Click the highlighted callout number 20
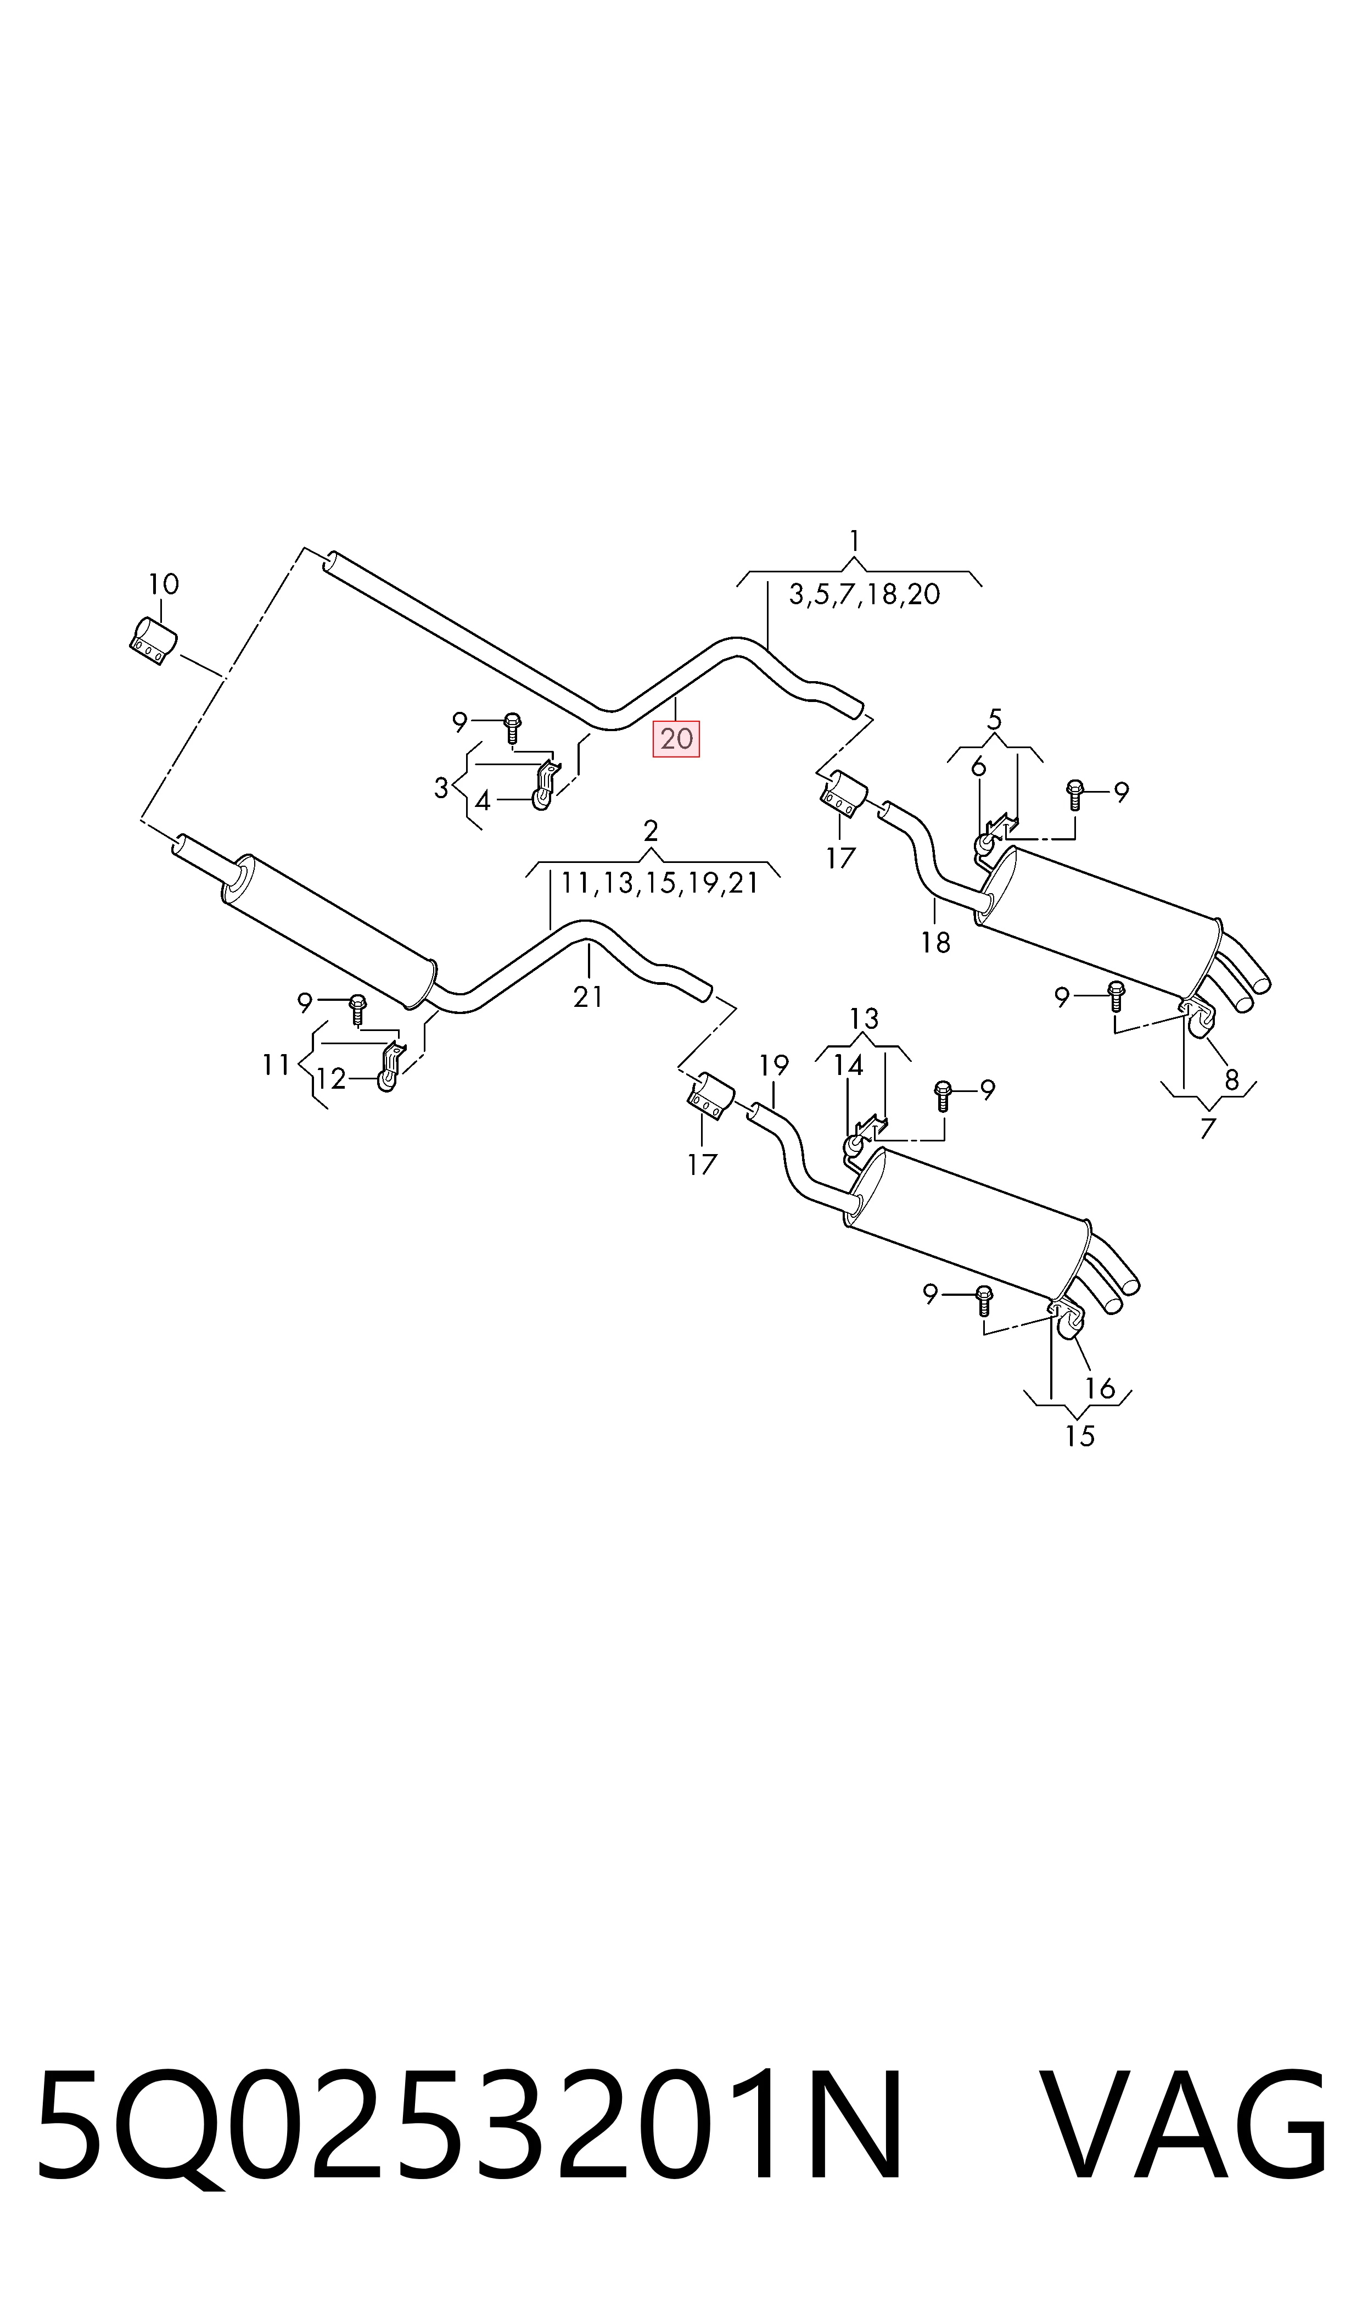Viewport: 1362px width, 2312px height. coord(676,738)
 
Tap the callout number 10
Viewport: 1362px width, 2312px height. coord(164,584)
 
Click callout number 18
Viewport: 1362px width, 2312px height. coord(935,942)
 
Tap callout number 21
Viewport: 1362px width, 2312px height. coord(587,996)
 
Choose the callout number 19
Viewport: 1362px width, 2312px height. coord(774,1065)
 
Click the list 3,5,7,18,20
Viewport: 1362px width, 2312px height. coord(865,594)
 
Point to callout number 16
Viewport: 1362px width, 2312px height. coord(1100,1388)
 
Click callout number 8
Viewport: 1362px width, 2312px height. coord(1232,1080)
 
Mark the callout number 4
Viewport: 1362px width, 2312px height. coord(483,801)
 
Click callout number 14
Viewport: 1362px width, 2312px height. coord(848,1065)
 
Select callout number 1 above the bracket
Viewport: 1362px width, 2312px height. coord(854,541)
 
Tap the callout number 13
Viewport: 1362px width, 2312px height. coord(864,1018)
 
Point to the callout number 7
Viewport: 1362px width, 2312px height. coord(1208,1128)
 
